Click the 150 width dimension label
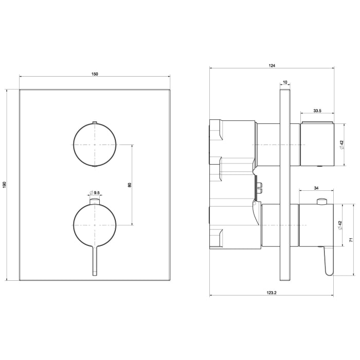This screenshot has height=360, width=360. (x=95, y=74)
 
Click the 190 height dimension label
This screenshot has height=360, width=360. (x=4, y=185)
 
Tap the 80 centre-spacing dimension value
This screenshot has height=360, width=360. (x=130, y=185)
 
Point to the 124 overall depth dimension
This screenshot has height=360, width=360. (x=272, y=65)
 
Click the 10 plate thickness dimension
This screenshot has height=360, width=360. (x=285, y=83)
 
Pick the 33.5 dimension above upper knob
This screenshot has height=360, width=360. (x=317, y=111)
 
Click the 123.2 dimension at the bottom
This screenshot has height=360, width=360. (x=272, y=293)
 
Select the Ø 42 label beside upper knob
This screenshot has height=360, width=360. (x=341, y=145)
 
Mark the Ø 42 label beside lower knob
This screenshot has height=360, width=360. (x=341, y=225)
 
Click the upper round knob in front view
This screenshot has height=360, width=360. (x=95, y=145)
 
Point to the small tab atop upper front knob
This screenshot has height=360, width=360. (x=94, y=122)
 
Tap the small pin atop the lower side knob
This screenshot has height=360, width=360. (x=322, y=201)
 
